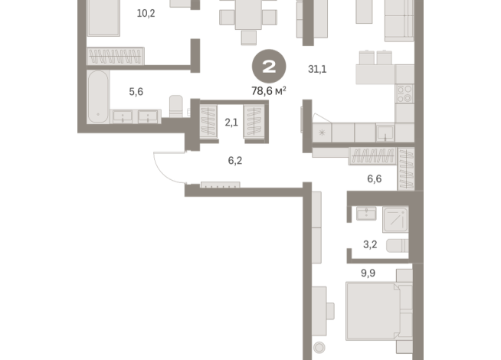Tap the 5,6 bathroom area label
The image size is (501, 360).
click(x=136, y=91)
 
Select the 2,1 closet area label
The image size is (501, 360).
click(x=231, y=120)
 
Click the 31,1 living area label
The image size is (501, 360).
click(x=317, y=69)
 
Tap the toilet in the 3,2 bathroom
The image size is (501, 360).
click(x=396, y=246)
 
